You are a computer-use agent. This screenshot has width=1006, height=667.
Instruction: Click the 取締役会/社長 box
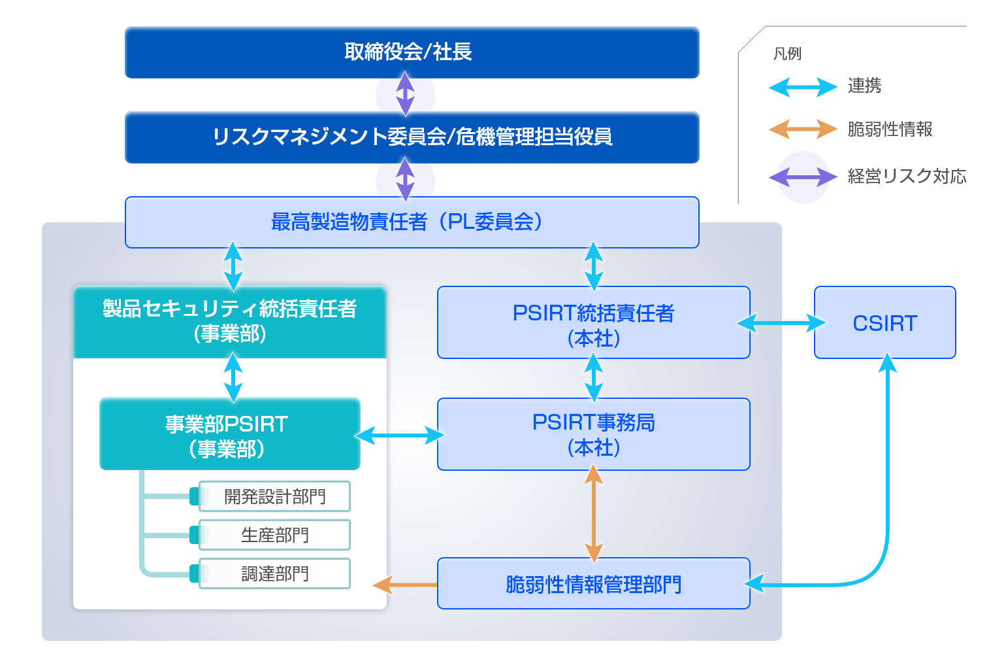(x=412, y=52)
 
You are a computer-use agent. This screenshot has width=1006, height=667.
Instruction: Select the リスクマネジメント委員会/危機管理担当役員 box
(x=412, y=137)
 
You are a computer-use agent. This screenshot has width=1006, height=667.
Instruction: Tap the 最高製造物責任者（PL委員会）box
(x=412, y=222)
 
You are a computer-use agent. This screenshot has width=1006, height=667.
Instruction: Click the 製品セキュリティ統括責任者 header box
(x=230, y=322)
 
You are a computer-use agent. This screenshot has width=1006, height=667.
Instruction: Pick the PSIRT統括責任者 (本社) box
(x=593, y=323)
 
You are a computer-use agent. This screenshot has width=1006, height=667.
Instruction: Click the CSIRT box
(x=884, y=323)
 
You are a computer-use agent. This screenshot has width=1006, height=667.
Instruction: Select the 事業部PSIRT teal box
(x=229, y=434)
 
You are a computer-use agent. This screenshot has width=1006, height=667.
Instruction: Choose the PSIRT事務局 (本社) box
(x=593, y=434)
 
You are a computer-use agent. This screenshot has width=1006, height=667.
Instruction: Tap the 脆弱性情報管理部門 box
(x=593, y=583)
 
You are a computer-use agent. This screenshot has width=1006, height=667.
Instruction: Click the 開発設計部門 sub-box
(x=274, y=497)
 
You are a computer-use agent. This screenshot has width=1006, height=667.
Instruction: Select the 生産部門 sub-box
(x=274, y=535)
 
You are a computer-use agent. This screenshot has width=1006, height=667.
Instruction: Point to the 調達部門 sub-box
(x=274, y=573)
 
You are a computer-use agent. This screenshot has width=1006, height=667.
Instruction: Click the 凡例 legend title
(x=787, y=54)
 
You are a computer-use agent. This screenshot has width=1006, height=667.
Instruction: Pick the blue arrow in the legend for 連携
(x=802, y=86)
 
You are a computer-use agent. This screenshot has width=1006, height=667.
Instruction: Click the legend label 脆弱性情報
(x=890, y=129)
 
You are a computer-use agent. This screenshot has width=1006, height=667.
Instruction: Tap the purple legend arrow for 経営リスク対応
(x=802, y=177)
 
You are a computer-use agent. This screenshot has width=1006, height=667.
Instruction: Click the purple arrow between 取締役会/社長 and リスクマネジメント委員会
(x=405, y=94)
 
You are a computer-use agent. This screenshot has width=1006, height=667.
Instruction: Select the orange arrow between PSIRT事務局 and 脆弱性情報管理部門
(x=593, y=513)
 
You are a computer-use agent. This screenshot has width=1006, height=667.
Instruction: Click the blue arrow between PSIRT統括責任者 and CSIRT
(x=781, y=323)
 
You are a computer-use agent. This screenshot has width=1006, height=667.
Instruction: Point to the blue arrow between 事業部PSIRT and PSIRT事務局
(x=398, y=435)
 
